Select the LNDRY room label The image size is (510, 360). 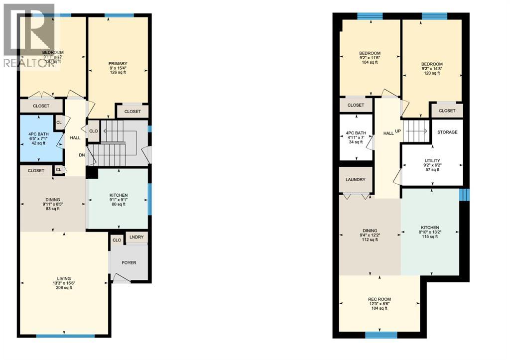click(x=136, y=238)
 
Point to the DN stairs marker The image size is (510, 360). click(x=81, y=155)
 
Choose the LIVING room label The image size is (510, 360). click(x=64, y=278)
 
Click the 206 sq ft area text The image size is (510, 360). click(x=64, y=287)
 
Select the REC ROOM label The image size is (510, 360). click(x=379, y=299)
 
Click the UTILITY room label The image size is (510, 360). click(x=432, y=161)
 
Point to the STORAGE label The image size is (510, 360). click(x=447, y=132)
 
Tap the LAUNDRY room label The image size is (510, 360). click(x=355, y=180)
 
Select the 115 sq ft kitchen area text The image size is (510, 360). click(x=429, y=237)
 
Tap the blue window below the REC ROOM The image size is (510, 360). click(x=381, y=335)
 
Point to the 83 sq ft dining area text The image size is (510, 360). click(x=51, y=209)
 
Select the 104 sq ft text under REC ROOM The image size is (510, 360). click(x=379, y=309)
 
